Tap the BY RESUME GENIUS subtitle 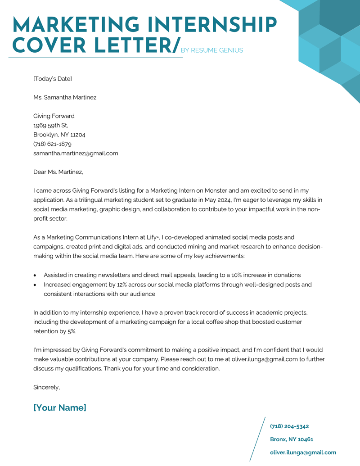coord(211,50)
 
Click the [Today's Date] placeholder coord(53,79)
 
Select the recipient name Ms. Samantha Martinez coord(65,97)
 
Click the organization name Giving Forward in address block coord(54,116)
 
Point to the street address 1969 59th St coord(51,126)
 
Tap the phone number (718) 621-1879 coord(52,144)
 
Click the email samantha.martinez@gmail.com coord(76,154)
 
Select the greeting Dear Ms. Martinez coord(58,172)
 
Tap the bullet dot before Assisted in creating coord(36,275)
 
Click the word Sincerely coord(46,387)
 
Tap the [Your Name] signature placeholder coord(60,408)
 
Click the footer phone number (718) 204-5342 coord(289,426)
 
